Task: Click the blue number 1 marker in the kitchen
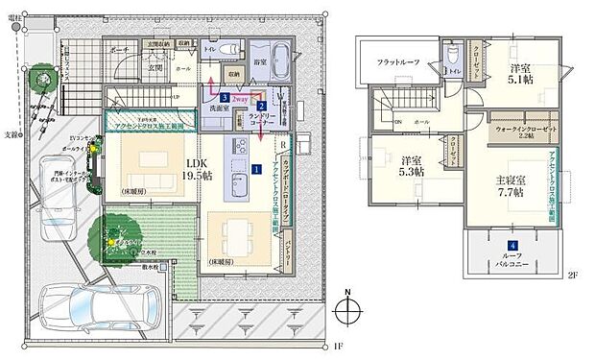point(256,169)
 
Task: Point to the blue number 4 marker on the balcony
point(513,247)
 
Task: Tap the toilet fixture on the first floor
point(227,51)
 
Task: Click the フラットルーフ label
point(398,63)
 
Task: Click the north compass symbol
point(348,311)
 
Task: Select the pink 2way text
point(240,97)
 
